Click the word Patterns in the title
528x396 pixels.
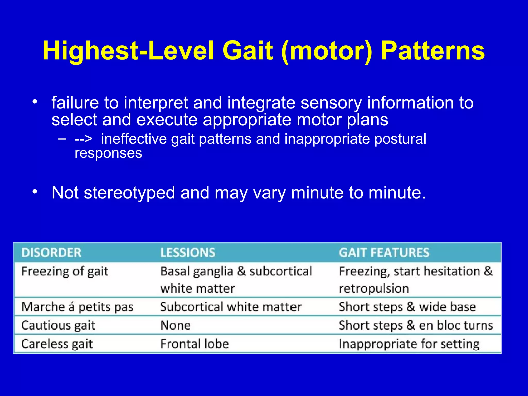pyautogui.click(x=433, y=51)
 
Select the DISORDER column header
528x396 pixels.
pyautogui.click(x=51, y=253)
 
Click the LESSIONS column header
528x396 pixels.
pyautogui.click(x=188, y=253)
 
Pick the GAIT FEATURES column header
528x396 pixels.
pyautogui.click(x=384, y=253)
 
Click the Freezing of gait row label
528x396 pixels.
pyautogui.click(x=65, y=271)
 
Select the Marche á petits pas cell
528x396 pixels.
pyautogui.click(x=77, y=307)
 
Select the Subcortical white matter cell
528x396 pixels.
pyautogui.click(x=231, y=307)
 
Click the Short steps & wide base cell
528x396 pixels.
pyautogui.click(x=407, y=307)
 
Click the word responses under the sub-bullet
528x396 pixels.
pyautogui.click(x=108, y=153)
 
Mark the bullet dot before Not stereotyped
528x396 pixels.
pyautogui.click(x=35, y=192)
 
